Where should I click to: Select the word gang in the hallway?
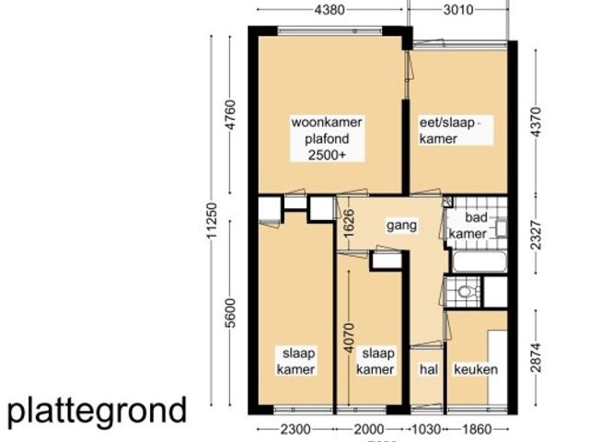[x=401, y=224]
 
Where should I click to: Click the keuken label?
[x=476, y=369]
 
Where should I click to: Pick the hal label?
[x=427, y=369]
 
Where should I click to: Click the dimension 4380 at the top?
[x=329, y=11]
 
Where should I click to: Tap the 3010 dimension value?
[x=456, y=11]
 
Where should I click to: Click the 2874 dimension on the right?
[x=537, y=355]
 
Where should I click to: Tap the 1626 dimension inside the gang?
[x=349, y=223]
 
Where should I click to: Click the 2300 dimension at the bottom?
[x=294, y=429]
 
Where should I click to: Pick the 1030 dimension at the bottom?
[x=425, y=429]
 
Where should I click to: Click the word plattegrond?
[x=98, y=410]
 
